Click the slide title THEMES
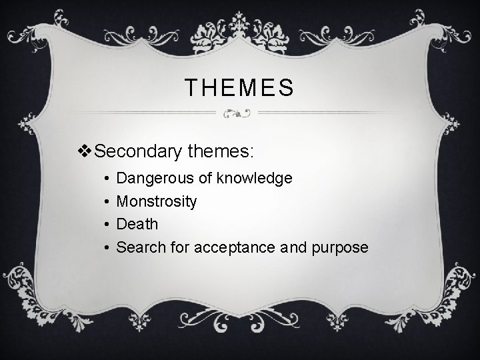coord(239,87)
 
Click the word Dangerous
coord(157,179)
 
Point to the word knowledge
coord(257,179)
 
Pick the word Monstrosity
coord(156,201)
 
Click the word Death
coord(137,224)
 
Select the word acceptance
coord(237,247)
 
